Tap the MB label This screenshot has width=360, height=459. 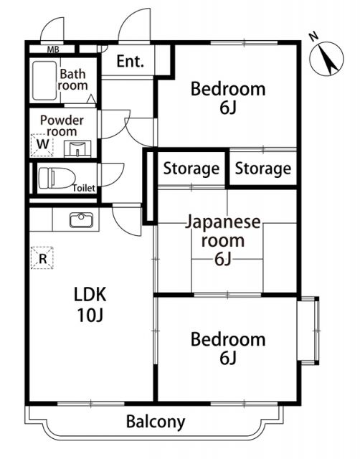pos(53,49)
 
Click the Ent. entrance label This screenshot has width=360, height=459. pos(130,62)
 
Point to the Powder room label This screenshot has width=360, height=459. pos(62,126)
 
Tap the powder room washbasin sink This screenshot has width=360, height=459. pos(76,148)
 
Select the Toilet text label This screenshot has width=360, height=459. pos(84,188)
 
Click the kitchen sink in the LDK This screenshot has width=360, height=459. pos(80,219)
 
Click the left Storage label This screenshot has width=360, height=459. pos(191,169)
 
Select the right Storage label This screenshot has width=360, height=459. pos(263,169)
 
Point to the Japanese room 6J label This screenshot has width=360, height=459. pos(223,240)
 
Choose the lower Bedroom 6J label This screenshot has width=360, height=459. pos(227,348)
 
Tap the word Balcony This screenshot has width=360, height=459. pos(156,422)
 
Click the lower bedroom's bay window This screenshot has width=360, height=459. pos(308,331)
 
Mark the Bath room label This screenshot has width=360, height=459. pos(72,80)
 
